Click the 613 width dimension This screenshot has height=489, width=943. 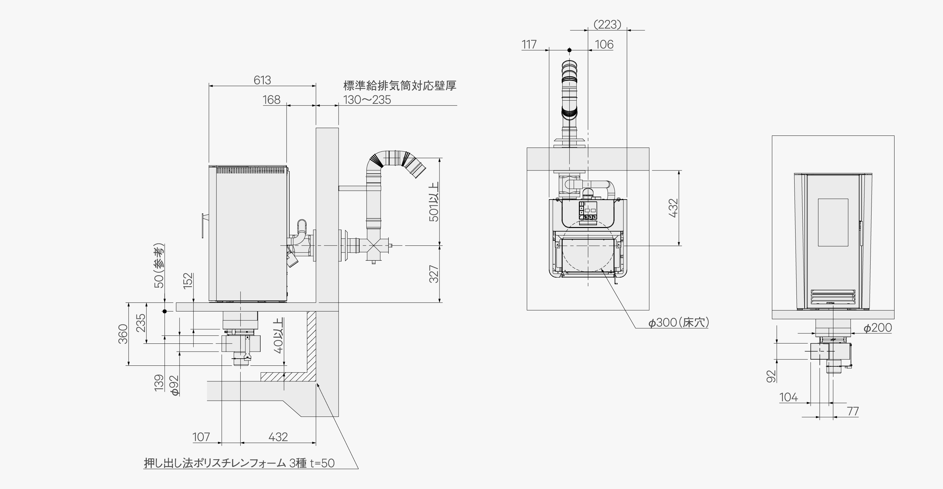(262, 80)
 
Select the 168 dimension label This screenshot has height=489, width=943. (272, 100)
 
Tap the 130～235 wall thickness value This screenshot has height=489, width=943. (367, 100)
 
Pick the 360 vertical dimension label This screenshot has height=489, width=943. (123, 334)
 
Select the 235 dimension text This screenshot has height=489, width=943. (141, 323)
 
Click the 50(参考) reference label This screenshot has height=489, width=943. (159, 266)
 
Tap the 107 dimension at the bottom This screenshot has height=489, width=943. (201, 437)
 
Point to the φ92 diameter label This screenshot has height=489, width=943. (175, 386)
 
